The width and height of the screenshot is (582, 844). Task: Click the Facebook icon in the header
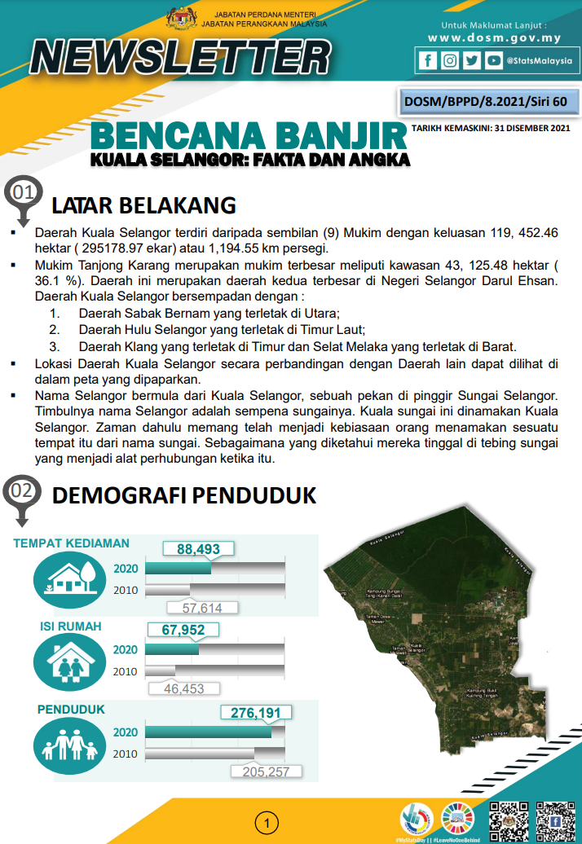coord(427,60)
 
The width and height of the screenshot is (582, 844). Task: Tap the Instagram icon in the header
coord(449,60)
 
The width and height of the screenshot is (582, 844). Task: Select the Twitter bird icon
coord(471,60)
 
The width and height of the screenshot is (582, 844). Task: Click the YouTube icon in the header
coord(493,60)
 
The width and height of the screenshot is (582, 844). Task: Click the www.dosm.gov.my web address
coord(495,38)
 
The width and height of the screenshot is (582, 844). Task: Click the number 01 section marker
coord(22,193)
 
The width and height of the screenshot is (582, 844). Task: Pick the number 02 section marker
coord(22,490)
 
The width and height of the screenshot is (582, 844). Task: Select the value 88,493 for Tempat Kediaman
coord(199,550)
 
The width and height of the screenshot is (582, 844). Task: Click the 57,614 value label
coord(202,608)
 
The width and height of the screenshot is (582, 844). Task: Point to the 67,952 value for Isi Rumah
coord(183,630)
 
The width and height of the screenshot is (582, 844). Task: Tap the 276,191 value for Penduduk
coord(256,713)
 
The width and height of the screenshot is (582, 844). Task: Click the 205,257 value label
coord(267,771)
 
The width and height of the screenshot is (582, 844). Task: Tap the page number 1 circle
coord(266,823)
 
